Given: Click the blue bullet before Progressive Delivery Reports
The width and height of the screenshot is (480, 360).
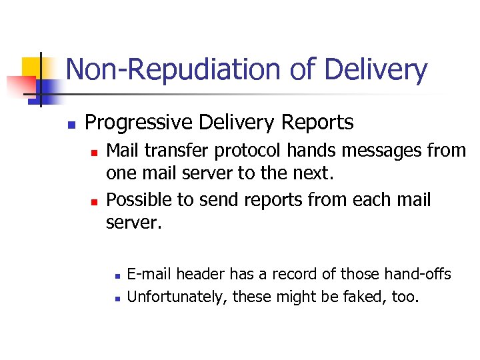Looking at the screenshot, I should click(70, 124).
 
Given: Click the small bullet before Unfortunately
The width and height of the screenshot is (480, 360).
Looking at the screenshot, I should click(116, 298).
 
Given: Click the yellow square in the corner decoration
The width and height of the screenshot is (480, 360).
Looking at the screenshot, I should click(33, 67).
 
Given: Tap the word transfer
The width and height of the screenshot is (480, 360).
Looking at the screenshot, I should click(176, 151).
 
